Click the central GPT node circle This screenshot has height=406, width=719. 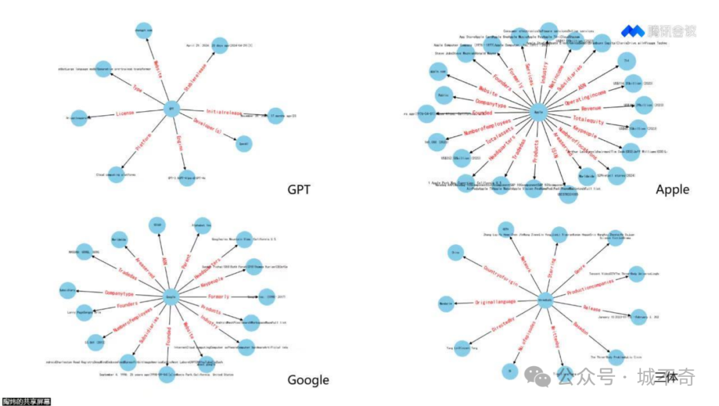click(x=171, y=108)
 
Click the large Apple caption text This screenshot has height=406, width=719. click(x=672, y=190)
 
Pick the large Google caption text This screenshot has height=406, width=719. click(x=308, y=380)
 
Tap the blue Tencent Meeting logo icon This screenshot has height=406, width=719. click(x=632, y=31)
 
